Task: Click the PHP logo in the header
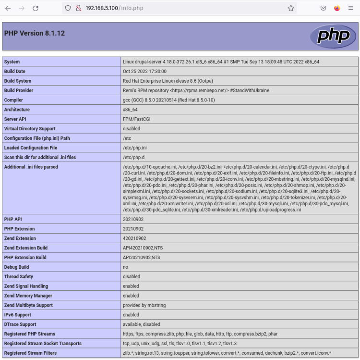[333, 36]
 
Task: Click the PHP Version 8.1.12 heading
[35, 34]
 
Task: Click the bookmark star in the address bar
[290, 8]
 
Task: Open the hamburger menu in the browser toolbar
[351, 8]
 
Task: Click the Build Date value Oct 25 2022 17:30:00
[144, 71]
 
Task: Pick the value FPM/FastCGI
[137, 119]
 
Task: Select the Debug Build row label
[17, 267]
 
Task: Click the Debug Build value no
[126, 267]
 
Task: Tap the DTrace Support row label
[20, 324]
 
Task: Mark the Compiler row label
[14, 100]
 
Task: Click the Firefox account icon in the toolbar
[337, 8]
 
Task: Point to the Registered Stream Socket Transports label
[43, 344]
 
